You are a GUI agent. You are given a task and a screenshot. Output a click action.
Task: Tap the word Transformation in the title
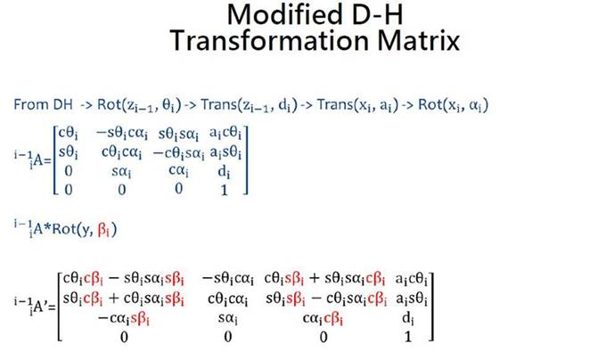tap(270, 41)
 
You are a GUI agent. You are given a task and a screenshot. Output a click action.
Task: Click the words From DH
tap(43, 104)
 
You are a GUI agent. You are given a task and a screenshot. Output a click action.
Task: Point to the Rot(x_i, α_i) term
tap(453, 105)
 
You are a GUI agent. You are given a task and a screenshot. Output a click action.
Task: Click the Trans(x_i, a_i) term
tap(357, 105)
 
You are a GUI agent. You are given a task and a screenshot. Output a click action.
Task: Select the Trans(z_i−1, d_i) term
tap(249, 105)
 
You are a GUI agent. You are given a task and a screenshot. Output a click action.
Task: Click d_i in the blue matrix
tap(224, 172)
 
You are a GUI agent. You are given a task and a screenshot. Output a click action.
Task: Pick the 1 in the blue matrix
tap(225, 190)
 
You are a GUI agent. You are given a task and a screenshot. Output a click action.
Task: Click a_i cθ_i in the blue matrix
tap(225, 134)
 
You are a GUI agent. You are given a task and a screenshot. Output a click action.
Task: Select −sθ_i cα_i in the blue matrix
tap(121, 134)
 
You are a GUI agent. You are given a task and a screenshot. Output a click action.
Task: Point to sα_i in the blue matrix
tap(121, 172)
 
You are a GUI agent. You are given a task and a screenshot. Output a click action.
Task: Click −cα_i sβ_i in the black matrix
tap(124, 318)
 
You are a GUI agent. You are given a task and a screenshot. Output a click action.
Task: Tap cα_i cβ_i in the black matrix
tap(323, 318)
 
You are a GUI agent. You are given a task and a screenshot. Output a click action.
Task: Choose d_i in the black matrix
tap(408, 318)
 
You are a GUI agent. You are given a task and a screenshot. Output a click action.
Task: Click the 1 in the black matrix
tap(408, 337)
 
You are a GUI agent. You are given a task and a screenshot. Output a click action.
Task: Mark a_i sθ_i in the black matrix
tap(412, 299)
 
